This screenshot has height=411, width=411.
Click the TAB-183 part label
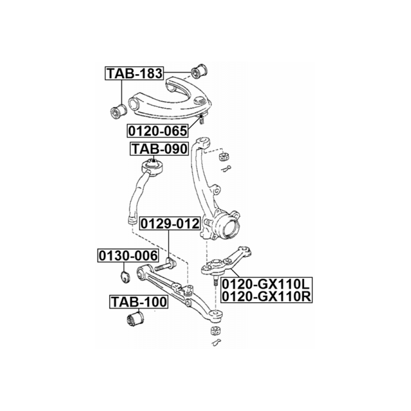pos(134,73)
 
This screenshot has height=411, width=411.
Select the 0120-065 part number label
pos(158,131)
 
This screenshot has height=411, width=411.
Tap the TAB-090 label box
pos(159,149)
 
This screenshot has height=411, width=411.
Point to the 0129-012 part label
pos(170,223)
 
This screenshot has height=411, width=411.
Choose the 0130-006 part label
pos(128,255)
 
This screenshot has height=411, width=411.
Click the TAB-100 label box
pos(139,302)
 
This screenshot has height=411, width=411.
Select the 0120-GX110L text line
pos(266,284)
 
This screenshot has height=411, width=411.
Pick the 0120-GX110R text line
pos(266,296)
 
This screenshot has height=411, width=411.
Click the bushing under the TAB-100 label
pos(135,318)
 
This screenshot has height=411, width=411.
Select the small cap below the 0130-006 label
pos(125,277)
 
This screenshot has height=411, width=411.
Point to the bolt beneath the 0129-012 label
pos(166,265)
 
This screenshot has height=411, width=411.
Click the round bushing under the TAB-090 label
pos(152,167)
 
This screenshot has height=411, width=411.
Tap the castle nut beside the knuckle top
pos(224,156)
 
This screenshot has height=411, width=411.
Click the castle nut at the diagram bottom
pos(216,331)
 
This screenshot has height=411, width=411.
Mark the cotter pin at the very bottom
pos(216,342)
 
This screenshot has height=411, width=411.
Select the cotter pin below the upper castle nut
pos(225,169)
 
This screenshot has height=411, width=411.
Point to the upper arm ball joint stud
pos(201,120)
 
